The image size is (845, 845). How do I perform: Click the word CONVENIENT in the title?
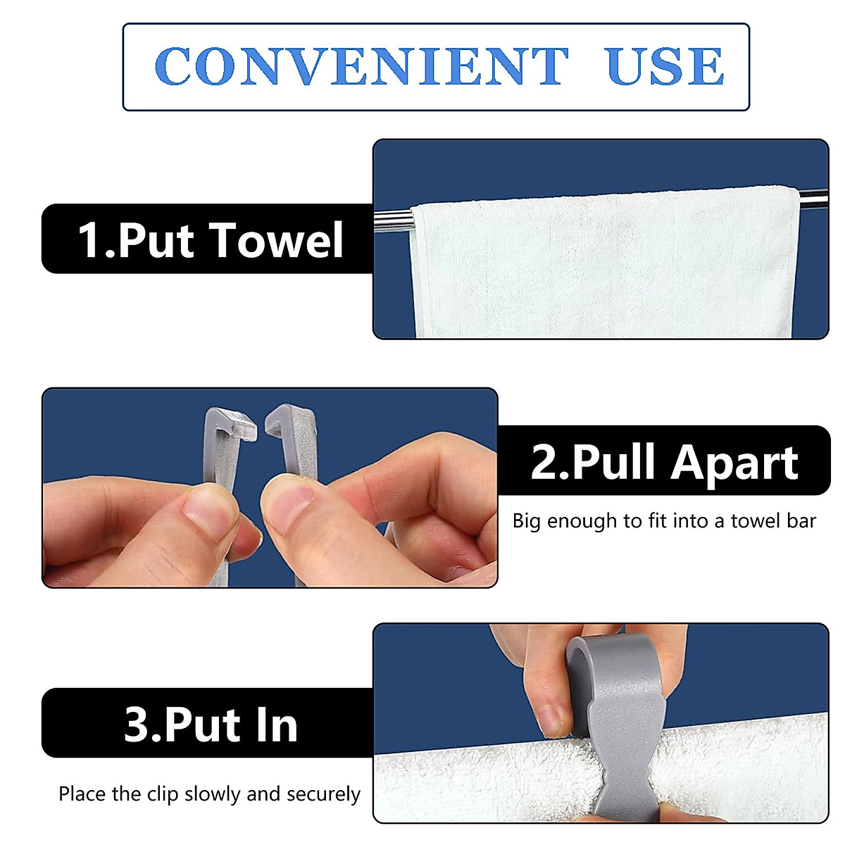[361, 66]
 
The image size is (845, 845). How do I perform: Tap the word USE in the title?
[664, 66]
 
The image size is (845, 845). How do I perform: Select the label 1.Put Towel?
[210, 240]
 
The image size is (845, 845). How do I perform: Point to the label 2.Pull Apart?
[663, 462]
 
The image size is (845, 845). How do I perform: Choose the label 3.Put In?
[210, 724]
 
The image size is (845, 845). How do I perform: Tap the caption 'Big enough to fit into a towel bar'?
[663, 521]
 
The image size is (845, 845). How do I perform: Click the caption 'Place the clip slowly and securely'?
[209, 794]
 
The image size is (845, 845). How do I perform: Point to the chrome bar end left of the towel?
[391, 219]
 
